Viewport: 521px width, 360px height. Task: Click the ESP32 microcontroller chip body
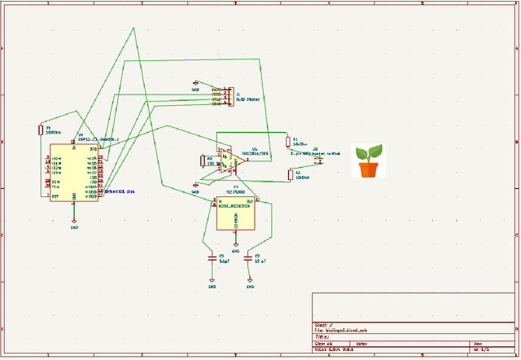pos(74,173)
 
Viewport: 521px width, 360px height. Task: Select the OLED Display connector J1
pos(229,96)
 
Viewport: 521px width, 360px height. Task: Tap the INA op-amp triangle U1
pos(231,160)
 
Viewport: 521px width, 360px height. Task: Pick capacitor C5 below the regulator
pos(212,258)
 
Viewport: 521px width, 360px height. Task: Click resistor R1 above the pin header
pos(290,141)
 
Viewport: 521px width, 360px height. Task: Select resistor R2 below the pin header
pos(291,174)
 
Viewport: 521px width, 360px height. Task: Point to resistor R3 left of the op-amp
pos(203,160)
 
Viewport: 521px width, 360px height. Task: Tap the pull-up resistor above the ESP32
pos(40,130)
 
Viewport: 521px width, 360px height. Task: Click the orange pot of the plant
pos(369,169)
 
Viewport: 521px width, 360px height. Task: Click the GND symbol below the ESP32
pos(74,221)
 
